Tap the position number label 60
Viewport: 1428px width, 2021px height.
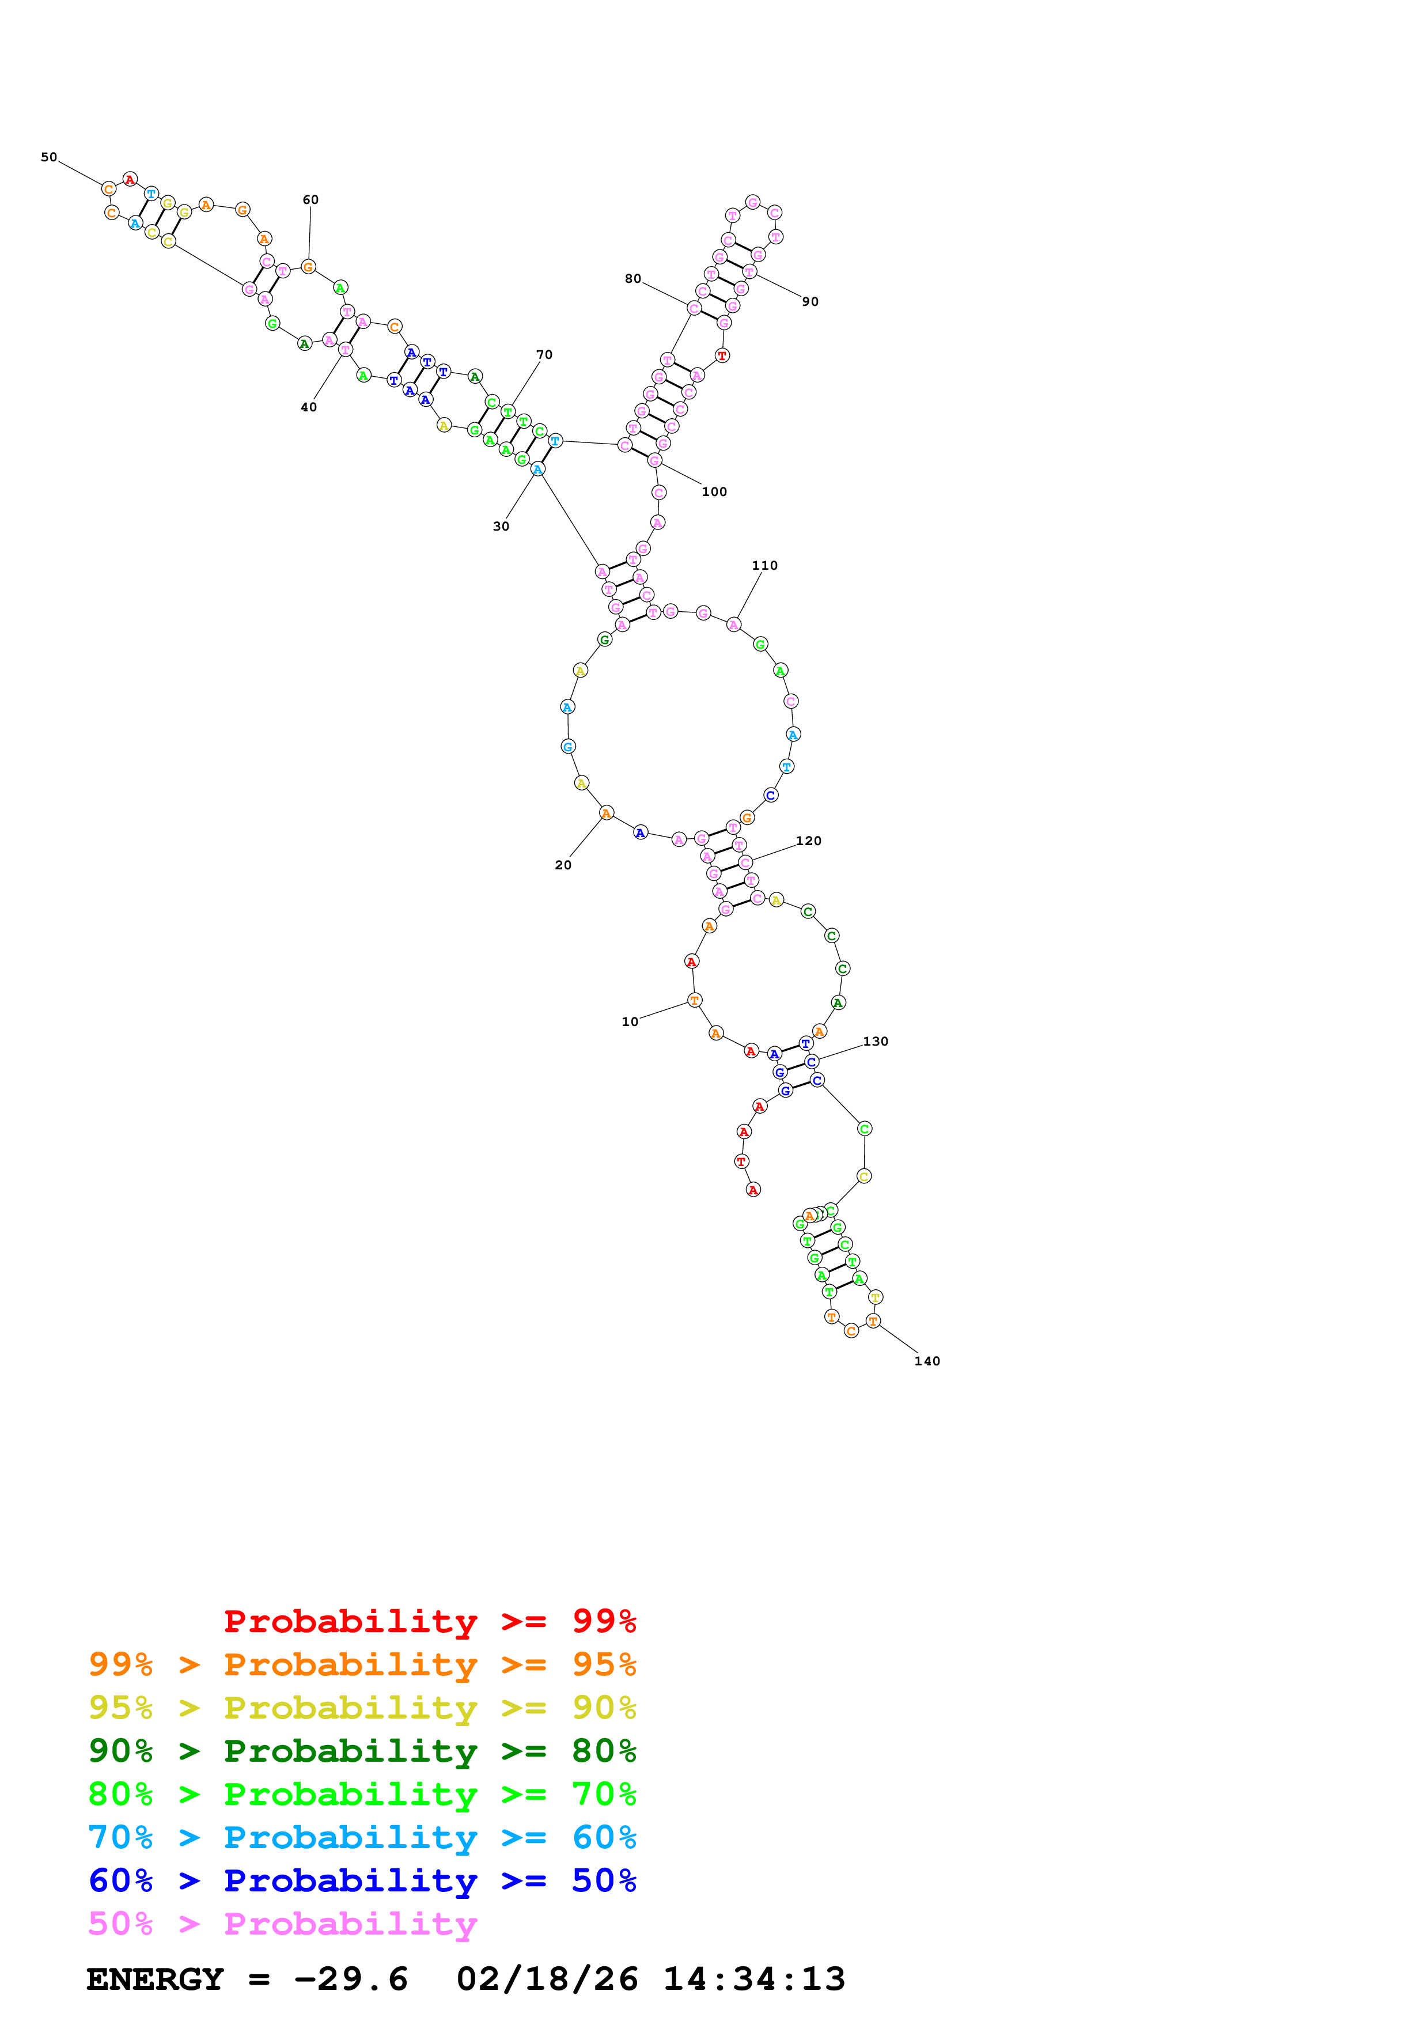pos(310,200)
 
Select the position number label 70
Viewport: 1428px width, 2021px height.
pos(544,355)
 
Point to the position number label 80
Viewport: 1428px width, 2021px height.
pos(632,279)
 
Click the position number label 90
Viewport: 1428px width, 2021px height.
pos(810,302)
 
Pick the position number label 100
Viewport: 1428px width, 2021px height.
pos(714,492)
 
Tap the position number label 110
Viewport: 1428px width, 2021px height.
pos(764,566)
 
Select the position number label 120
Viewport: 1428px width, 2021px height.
pos(809,842)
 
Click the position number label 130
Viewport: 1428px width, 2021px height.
pos(876,1041)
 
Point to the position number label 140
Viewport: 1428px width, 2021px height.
pos(927,1361)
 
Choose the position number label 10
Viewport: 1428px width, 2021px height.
pos(630,1022)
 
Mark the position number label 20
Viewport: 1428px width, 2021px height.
pos(563,865)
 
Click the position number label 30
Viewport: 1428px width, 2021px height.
pos(501,527)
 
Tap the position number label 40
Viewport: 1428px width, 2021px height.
pos(309,407)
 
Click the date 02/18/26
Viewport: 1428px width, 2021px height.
pos(547,1979)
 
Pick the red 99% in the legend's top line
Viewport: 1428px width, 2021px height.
pos(604,1621)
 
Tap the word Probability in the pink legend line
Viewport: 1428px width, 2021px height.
pos(350,1924)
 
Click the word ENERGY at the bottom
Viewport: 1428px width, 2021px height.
pos(155,1979)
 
